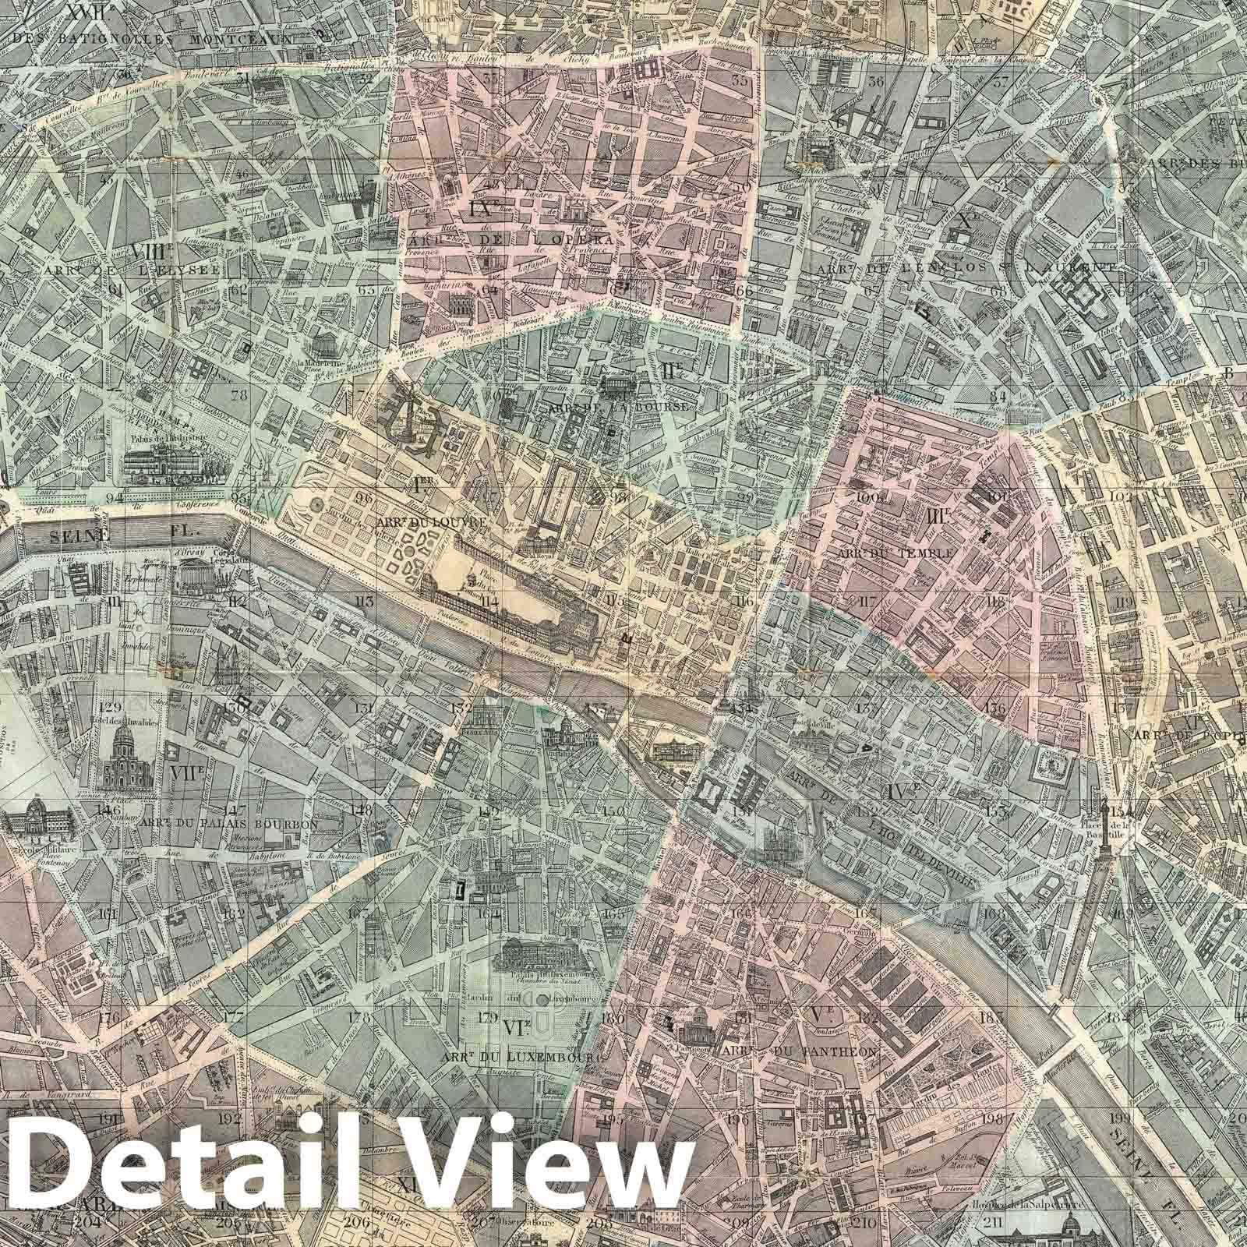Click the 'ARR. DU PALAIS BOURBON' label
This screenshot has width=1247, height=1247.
tap(229, 822)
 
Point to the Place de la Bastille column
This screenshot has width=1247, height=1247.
tap(1104, 842)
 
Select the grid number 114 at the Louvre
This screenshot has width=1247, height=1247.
tap(490, 601)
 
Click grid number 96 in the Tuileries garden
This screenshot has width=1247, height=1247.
tap(363, 497)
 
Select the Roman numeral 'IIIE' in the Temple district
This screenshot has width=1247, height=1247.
tap(936, 516)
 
